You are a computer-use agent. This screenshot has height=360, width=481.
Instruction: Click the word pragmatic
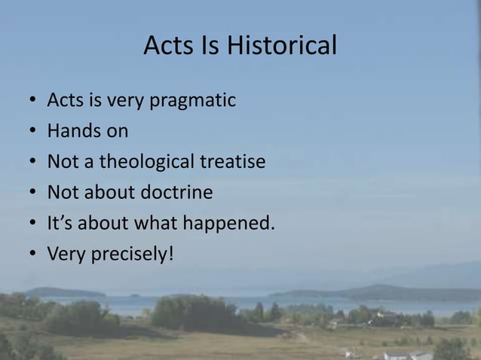point(197,101)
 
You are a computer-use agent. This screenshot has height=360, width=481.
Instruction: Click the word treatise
point(234,162)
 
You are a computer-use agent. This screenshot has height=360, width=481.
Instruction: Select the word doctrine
point(176,193)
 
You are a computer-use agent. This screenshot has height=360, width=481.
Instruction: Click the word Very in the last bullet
point(66,255)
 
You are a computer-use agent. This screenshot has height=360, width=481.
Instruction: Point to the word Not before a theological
point(63,162)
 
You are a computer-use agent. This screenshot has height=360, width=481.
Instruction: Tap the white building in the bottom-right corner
point(407,354)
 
